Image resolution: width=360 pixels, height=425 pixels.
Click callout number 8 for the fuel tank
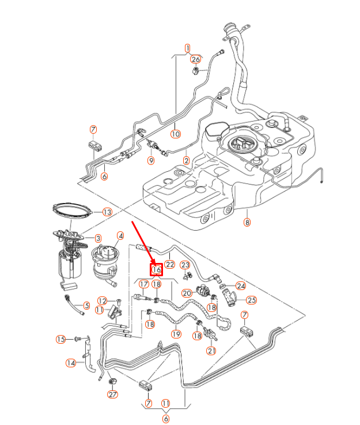pyautogui.click(x=247, y=223)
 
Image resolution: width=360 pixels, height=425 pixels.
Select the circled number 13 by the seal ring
pyautogui.click(x=107, y=212)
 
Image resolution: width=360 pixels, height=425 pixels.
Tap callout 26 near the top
pyautogui.click(x=195, y=59)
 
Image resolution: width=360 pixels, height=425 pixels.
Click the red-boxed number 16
pyautogui.click(x=156, y=269)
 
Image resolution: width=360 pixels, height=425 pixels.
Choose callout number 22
pyautogui.click(x=169, y=265)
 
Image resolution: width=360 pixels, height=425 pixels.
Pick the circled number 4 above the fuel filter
pyautogui.click(x=121, y=235)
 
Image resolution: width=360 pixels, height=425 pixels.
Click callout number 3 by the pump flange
pyautogui.click(x=98, y=238)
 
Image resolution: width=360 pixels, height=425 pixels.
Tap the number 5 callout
pyautogui.click(x=86, y=306)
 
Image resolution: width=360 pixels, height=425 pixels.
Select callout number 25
pyautogui.click(x=251, y=300)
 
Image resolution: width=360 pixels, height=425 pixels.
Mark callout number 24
pyautogui.click(x=241, y=285)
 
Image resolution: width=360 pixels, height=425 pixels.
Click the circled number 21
pyautogui.click(x=211, y=351)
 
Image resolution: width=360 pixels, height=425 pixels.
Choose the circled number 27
pyautogui.click(x=112, y=395)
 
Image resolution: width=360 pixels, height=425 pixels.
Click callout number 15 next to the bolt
pyautogui.click(x=61, y=339)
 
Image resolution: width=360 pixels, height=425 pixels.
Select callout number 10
pyautogui.click(x=176, y=134)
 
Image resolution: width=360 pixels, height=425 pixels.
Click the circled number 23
pyautogui.click(x=185, y=265)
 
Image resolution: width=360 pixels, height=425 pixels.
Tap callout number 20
pyautogui.click(x=187, y=293)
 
